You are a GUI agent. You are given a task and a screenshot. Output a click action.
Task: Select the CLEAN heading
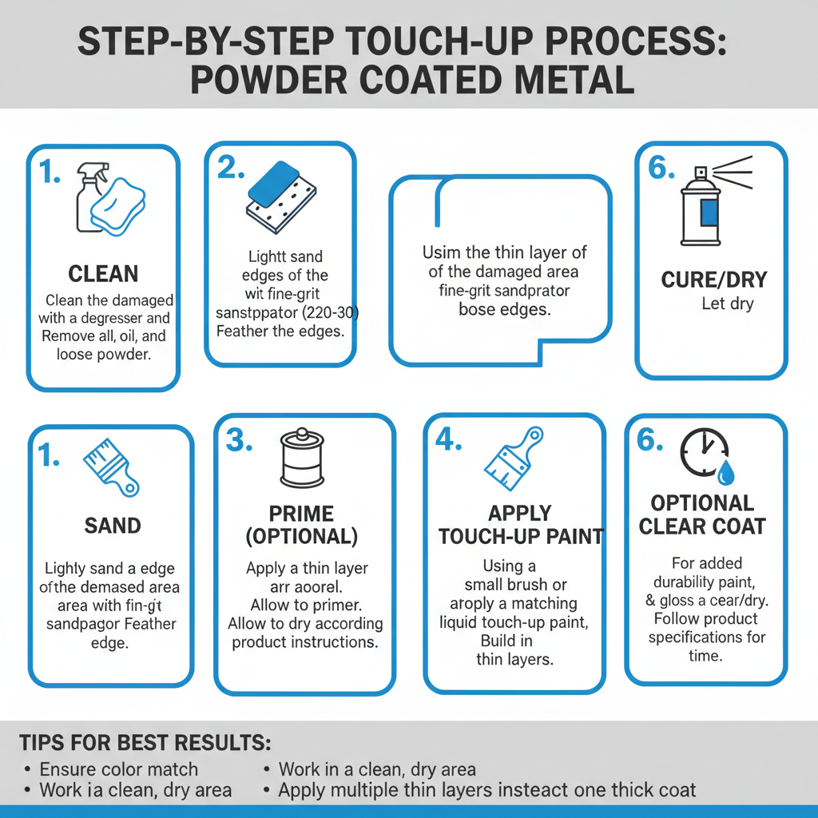click(103, 274)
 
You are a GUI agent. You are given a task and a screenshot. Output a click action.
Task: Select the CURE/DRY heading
click(714, 280)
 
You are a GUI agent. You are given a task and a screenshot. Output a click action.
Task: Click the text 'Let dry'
click(727, 304)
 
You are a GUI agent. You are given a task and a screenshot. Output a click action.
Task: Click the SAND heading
click(113, 526)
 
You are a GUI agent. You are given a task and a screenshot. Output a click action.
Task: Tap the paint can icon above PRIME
click(303, 461)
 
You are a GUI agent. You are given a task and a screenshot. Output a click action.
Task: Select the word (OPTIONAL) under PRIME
click(302, 536)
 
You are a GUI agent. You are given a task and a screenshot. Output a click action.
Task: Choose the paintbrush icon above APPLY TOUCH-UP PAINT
click(512, 463)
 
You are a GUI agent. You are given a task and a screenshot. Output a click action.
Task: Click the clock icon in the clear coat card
click(702, 453)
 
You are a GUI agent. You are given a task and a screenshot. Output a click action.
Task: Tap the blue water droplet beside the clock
click(725, 474)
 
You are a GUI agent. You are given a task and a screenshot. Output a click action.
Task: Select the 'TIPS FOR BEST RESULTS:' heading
click(145, 742)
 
